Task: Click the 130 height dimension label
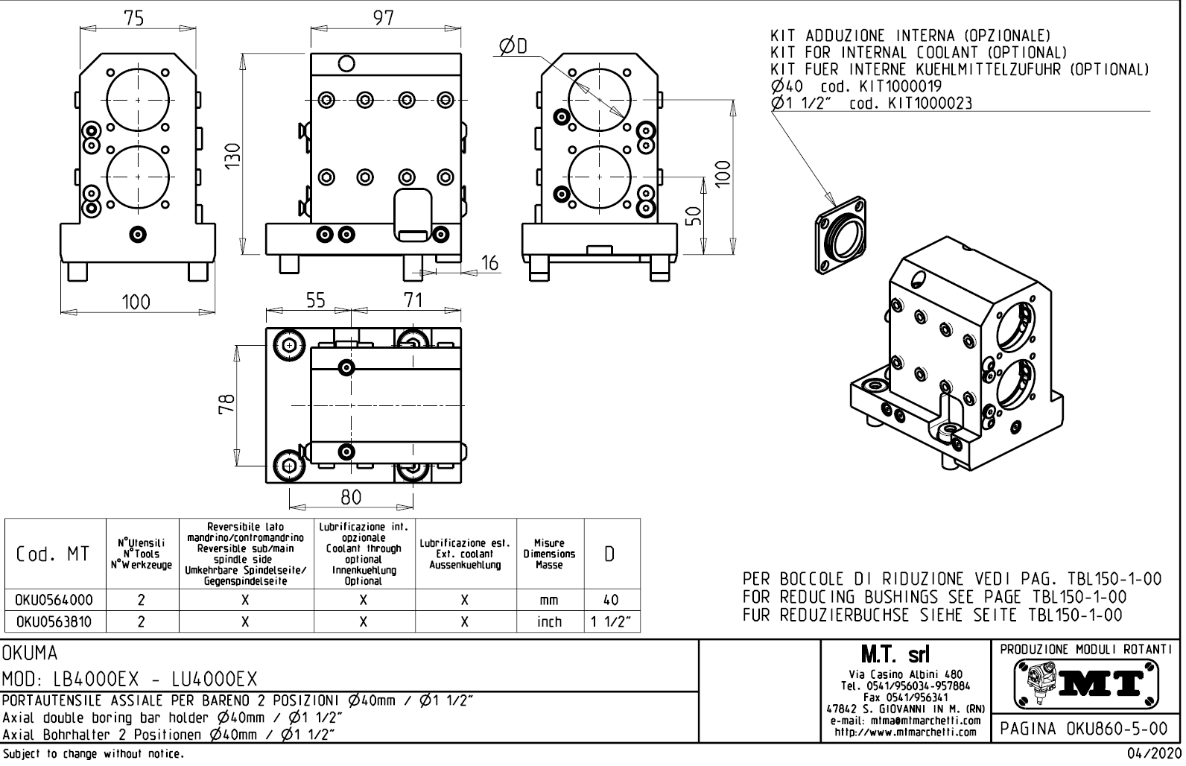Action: click(x=233, y=154)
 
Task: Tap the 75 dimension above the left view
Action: click(x=134, y=17)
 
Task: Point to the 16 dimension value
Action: click(x=489, y=262)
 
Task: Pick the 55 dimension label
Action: click(x=316, y=300)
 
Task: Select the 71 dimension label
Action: click(x=413, y=300)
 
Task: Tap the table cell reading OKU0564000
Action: click(x=55, y=600)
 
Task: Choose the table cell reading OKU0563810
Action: click(x=55, y=621)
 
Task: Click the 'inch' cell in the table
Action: click(x=549, y=621)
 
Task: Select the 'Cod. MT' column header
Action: click(x=55, y=554)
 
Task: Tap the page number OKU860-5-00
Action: click(x=1085, y=728)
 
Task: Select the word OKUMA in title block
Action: click(x=31, y=653)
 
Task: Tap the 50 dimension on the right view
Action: click(x=694, y=215)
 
